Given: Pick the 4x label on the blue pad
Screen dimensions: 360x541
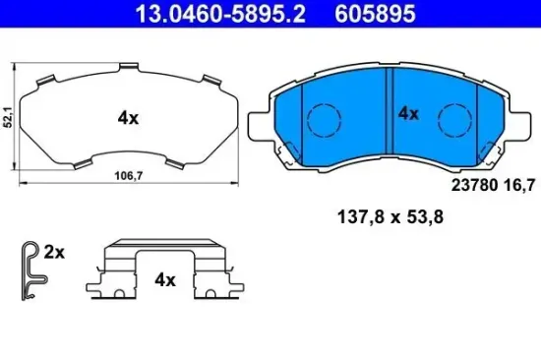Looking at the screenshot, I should [x=407, y=113].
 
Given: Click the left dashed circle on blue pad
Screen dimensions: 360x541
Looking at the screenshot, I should [x=323, y=122].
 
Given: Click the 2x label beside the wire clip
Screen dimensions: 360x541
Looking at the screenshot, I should [x=54, y=253].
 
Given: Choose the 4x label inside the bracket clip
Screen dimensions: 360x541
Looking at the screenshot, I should [x=164, y=280].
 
